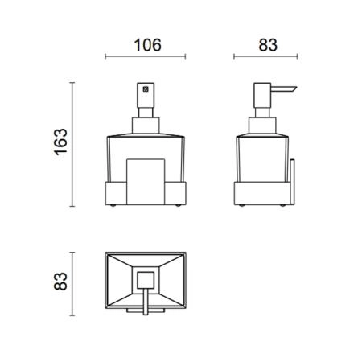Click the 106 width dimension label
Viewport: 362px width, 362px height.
[x=147, y=45]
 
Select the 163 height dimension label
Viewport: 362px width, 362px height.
[x=61, y=142]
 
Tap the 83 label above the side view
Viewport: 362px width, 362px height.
[x=268, y=45]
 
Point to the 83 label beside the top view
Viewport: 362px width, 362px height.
[x=61, y=282]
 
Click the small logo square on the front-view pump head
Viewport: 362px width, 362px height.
[x=146, y=88]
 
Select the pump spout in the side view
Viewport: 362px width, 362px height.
[x=284, y=89]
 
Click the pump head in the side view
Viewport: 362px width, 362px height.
[x=262, y=95]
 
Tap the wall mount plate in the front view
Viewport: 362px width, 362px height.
[x=146, y=182]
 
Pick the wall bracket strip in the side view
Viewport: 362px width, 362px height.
[x=292, y=183]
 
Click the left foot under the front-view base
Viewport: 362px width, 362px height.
[x=113, y=206]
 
